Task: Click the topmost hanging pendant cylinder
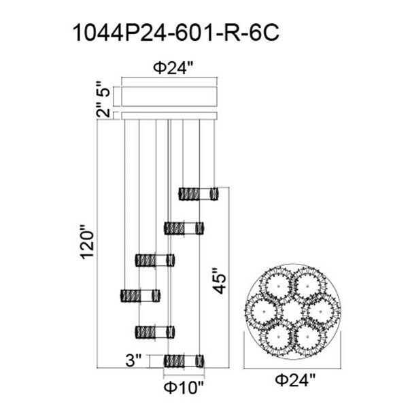(199, 193)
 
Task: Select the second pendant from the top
(184, 227)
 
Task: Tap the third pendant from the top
(154, 260)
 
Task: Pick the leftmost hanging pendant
(140, 296)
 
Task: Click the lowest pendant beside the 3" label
(184, 360)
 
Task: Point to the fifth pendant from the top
(155, 332)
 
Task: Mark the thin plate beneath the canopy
(169, 114)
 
